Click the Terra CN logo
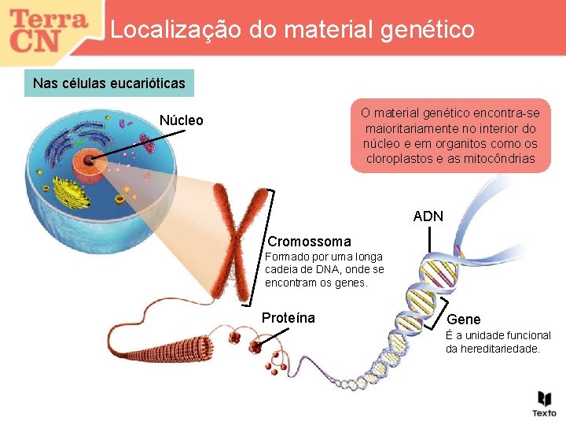point(49,29)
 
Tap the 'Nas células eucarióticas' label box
point(109,83)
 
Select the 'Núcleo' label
point(181,120)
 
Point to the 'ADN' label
point(428,216)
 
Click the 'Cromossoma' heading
point(309,242)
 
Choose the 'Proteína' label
point(288,318)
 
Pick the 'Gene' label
point(463,320)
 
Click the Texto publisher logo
point(543,402)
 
